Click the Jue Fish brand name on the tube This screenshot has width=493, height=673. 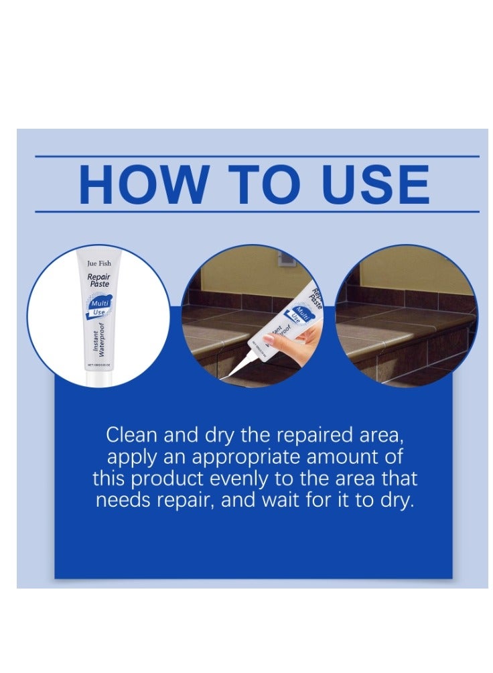coord(98,263)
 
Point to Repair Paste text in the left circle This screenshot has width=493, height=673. coord(98,280)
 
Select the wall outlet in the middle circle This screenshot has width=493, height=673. coord(286,257)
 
